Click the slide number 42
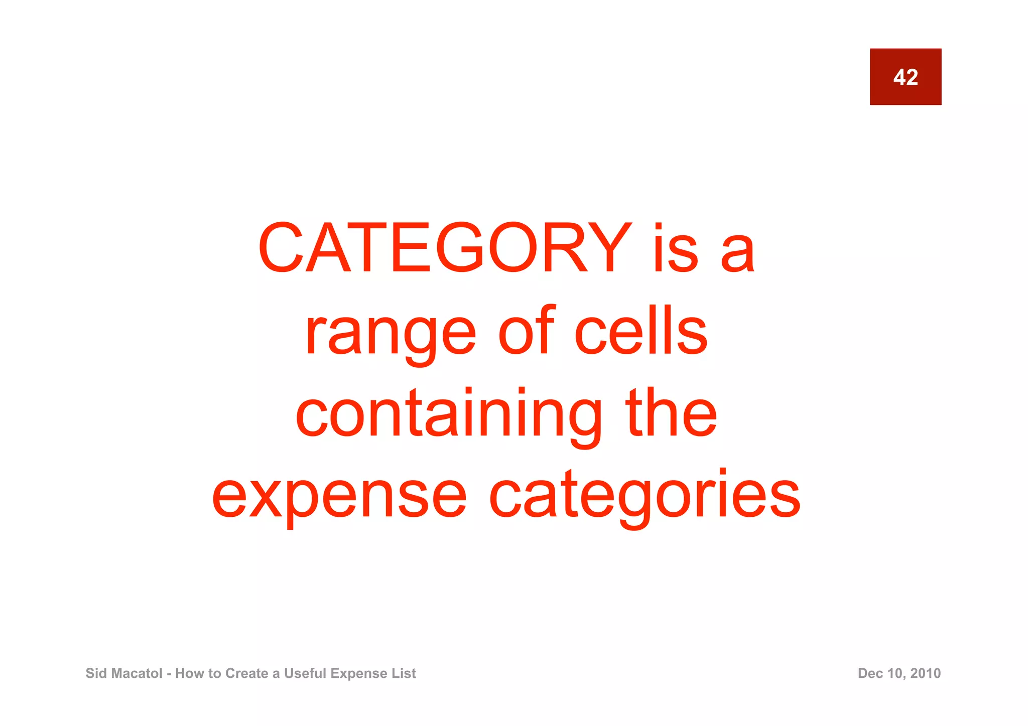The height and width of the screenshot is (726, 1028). tap(905, 77)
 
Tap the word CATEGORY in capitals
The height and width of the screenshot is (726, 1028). tap(445, 248)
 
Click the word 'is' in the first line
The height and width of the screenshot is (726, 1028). tap(676, 248)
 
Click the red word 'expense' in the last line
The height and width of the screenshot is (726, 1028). tap(339, 497)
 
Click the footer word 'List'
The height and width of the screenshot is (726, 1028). tap(405, 673)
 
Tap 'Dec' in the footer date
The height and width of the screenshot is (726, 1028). tap(869, 673)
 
